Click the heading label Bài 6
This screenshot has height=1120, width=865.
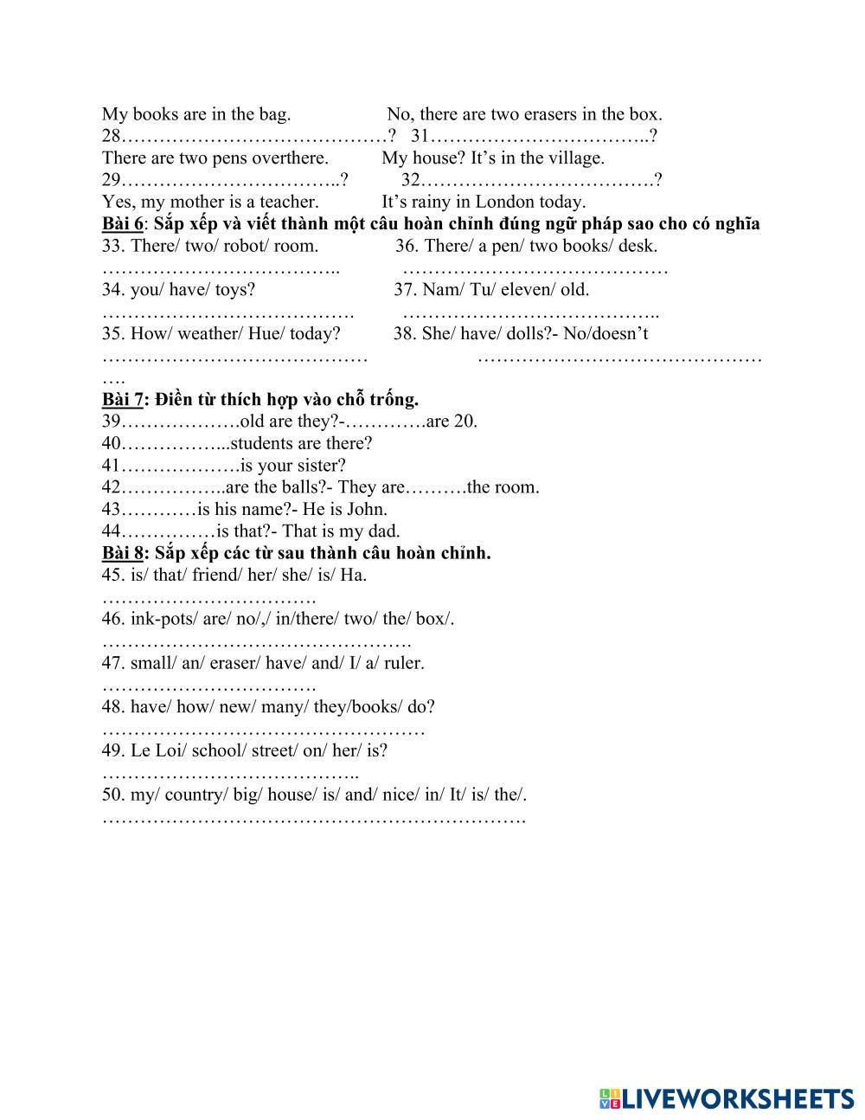click(x=122, y=224)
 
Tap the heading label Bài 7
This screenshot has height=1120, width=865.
click(x=122, y=399)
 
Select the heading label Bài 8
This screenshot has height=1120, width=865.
click(x=122, y=553)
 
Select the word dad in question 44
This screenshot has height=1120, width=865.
click(x=384, y=531)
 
